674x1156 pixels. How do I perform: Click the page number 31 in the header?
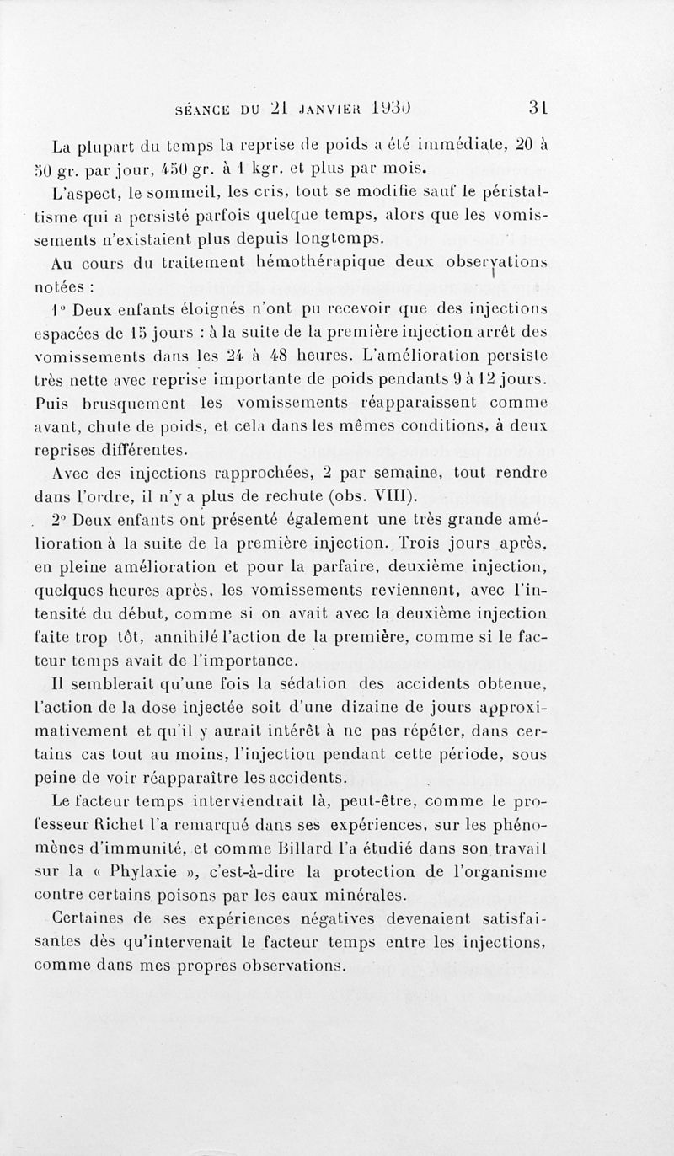(x=539, y=108)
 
